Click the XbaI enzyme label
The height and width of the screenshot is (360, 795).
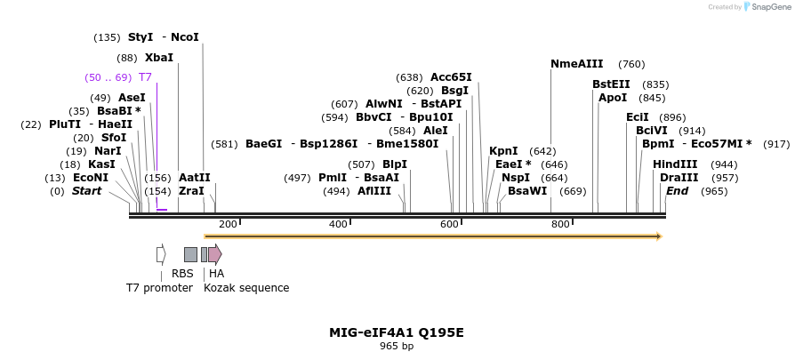(x=159, y=58)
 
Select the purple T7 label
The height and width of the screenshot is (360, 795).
(x=145, y=77)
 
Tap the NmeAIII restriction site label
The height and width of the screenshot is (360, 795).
(x=576, y=64)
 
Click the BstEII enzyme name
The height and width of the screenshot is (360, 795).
(x=611, y=84)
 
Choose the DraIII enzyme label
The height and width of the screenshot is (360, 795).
(x=679, y=178)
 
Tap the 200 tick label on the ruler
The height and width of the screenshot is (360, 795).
(x=228, y=224)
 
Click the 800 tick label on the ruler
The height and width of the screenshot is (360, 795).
(x=560, y=224)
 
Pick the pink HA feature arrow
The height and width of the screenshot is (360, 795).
(x=215, y=254)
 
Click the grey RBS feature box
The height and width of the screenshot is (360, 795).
(x=190, y=254)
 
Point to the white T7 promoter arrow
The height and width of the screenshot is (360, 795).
(x=161, y=254)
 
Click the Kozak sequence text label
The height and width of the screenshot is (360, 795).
(x=246, y=288)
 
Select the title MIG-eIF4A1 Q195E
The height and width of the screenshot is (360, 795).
(x=397, y=332)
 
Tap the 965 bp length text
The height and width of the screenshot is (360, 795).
(x=397, y=347)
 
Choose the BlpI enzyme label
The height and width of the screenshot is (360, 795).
(x=394, y=164)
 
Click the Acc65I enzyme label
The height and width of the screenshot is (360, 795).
(x=451, y=77)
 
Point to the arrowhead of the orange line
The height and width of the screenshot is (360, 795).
(x=658, y=236)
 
